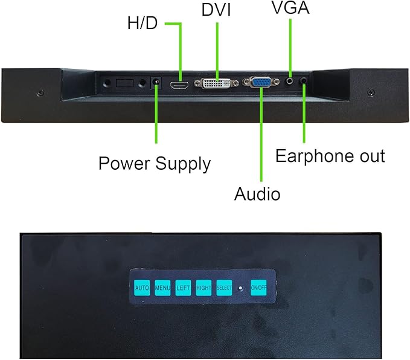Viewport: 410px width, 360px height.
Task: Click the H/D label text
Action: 143,23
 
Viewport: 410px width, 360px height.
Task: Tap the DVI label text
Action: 216,10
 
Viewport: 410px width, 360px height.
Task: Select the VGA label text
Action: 290,7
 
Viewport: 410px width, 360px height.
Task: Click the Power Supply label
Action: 155,164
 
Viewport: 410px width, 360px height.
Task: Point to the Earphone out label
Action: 330,156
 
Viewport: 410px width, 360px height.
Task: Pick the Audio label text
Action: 257,194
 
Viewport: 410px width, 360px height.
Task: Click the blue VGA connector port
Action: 261,82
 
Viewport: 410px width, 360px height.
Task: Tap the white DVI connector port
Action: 216,83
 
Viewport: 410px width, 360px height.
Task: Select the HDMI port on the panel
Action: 179,85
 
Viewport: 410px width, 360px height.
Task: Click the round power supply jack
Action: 156,82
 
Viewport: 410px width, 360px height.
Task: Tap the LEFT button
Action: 183,288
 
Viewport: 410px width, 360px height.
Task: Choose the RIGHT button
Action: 203,288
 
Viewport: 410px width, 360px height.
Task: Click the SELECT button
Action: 224,288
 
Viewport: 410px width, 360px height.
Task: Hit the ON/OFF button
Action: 258,288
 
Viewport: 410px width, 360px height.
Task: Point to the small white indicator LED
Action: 240,288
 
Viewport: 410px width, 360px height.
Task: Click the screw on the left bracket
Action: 40,92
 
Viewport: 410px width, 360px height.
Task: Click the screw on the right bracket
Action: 371,92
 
